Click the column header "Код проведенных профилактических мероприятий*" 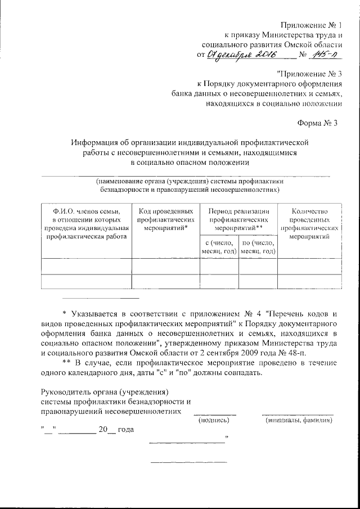165,220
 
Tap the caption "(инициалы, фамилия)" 298,420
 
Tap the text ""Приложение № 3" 309,74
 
